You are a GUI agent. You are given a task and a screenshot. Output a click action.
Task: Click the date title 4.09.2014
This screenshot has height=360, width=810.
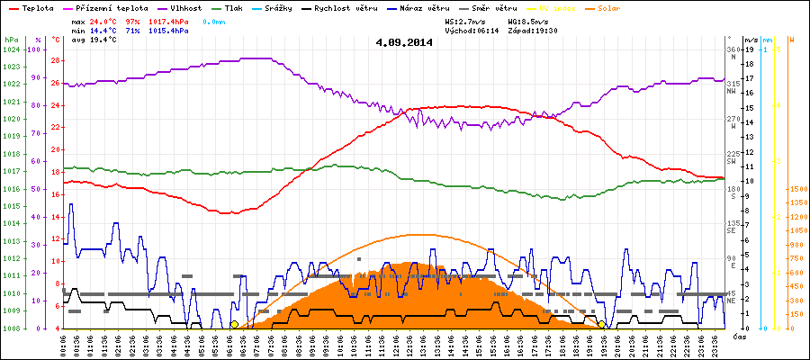click(x=404, y=42)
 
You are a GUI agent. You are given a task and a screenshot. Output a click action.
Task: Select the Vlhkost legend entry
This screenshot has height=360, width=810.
click(x=184, y=7)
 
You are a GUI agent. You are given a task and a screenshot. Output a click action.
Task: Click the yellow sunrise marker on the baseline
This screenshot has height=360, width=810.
click(x=234, y=324)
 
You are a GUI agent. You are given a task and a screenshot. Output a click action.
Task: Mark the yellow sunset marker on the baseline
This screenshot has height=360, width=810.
click(x=601, y=324)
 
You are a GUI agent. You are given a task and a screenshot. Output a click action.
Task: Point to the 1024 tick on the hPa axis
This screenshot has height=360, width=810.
click(x=11, y=49)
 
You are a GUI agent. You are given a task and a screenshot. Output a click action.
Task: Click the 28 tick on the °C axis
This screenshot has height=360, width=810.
click(x=55, y=61)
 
